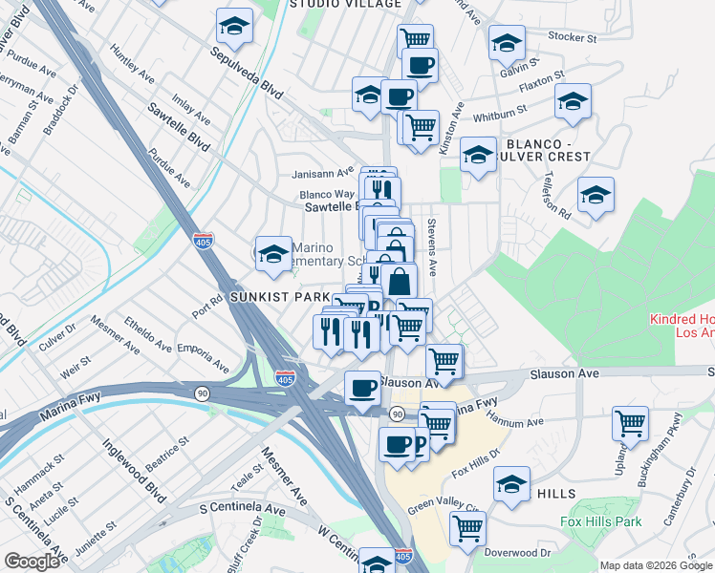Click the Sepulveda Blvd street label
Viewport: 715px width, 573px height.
[257, 73]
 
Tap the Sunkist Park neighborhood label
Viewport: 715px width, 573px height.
[280, 298]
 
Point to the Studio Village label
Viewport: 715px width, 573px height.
[332, 4]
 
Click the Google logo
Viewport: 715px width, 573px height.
[32, 562]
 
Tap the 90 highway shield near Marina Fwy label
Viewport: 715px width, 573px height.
[202, 393]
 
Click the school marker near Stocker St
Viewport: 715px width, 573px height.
[507, 42]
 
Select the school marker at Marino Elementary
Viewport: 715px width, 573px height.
[273, 254]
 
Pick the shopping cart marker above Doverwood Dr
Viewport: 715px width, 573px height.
[467, 527]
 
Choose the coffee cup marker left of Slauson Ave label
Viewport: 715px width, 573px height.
[362, 389]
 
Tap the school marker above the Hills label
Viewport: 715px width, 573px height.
[512, 484]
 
